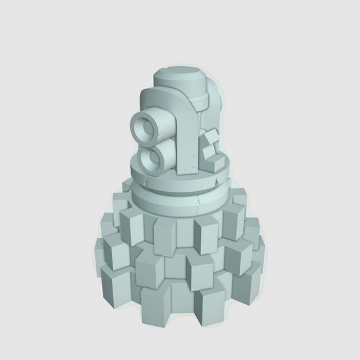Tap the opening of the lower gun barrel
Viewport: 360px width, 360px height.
pyautogui.click(x=156, y=156)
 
